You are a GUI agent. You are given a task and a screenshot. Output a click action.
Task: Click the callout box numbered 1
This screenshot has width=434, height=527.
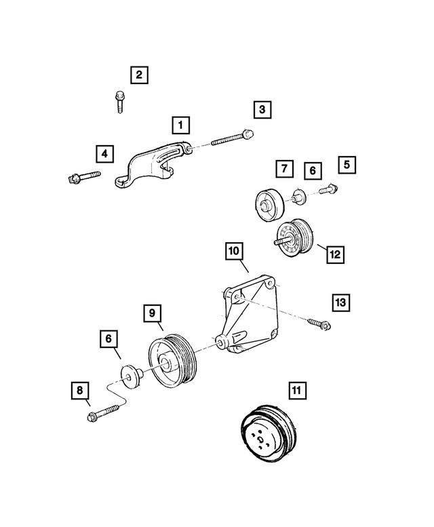180,125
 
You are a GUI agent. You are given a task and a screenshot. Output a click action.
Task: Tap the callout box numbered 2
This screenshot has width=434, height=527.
139,75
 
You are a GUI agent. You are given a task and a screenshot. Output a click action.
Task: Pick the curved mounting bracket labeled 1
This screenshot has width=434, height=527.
156,165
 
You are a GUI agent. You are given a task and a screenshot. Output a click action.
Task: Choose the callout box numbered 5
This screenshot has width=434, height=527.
347,164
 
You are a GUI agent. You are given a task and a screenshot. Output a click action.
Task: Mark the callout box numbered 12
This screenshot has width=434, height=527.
335,254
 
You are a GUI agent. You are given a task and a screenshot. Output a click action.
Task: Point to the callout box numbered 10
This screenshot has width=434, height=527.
234,252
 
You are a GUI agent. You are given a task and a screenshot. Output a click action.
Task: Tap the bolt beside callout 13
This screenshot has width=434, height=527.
319,324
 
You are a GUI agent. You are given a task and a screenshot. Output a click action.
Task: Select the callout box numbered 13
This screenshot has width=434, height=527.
341,302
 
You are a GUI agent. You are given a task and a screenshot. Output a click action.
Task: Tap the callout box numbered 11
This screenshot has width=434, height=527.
296,391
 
